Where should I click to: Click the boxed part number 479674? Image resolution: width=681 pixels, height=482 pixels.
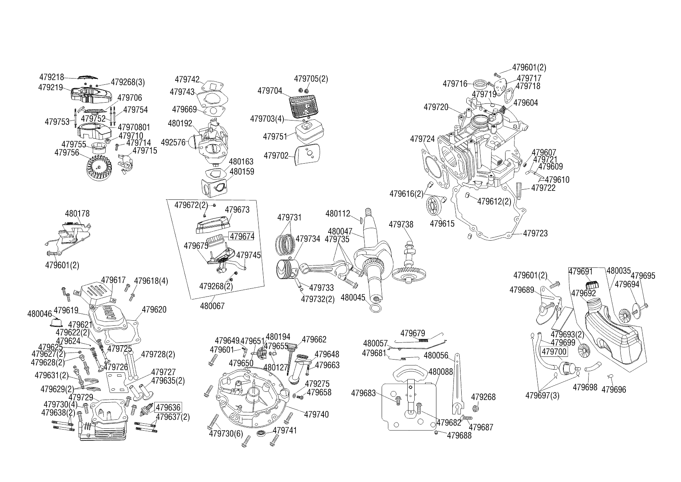click(241, 236)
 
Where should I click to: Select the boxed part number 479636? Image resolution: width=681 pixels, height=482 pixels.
click(168, 407)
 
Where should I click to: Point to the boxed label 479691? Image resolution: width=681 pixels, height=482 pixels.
click(580, 271)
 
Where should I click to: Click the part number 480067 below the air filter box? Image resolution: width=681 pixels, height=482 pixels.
click(212, 306)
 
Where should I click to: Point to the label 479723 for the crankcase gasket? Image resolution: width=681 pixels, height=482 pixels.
click(535, 233)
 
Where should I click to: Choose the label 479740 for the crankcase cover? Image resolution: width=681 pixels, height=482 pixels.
click(316, 414)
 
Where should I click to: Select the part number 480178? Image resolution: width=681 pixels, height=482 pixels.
click(77, 214)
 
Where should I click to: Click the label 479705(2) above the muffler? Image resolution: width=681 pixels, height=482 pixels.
click(311, 79)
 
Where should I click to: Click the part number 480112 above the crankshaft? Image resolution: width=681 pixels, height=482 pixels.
click(337, 213)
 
